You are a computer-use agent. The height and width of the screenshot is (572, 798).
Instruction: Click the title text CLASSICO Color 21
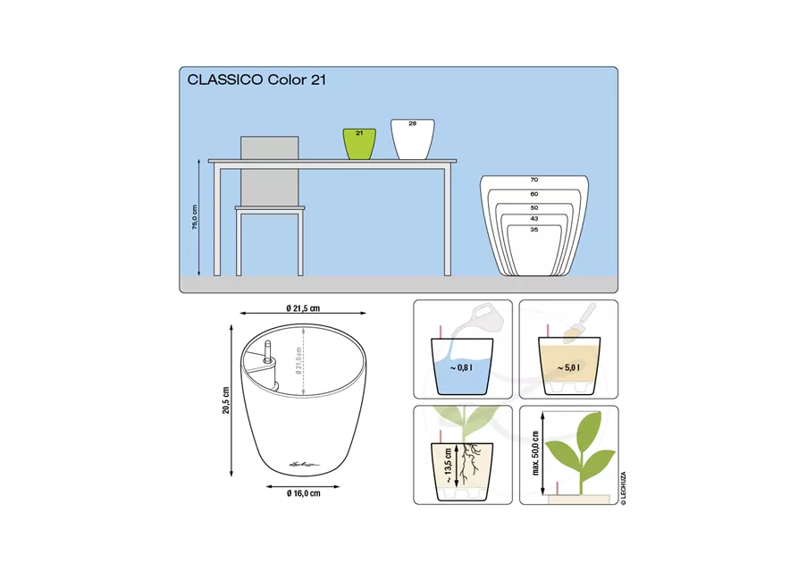[256, 80]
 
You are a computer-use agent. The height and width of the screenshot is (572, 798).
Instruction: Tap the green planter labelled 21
[359, 144]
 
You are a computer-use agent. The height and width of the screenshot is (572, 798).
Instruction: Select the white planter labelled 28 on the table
[413, 139]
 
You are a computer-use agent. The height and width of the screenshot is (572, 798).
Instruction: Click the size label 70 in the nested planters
[533, 180]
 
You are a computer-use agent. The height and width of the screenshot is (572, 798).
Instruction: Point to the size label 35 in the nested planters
[533, 230]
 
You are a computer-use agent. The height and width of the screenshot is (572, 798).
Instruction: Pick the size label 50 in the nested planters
[533, 207]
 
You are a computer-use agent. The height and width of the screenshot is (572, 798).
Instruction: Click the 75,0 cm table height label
[195, 217]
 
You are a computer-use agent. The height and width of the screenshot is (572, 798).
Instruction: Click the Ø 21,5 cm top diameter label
[303, 308]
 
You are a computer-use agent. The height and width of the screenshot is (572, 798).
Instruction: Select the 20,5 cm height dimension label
[226, 400]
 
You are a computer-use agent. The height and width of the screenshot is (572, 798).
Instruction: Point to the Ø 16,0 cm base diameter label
[304, 493]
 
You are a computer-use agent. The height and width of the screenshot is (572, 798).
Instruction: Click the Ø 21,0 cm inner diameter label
[298, 361]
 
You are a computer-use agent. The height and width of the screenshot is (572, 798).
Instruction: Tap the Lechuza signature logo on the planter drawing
[304, 464]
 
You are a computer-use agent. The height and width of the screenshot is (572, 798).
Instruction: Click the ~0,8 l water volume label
[462, 367]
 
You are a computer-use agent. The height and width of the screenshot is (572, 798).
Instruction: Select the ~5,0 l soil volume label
[568, 367]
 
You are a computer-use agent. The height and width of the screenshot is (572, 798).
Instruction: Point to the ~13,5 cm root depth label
[448, 465]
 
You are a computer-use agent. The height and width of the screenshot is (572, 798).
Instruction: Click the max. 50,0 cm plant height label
[535, 453]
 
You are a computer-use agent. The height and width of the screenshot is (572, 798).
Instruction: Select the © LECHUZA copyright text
[624, 489]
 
